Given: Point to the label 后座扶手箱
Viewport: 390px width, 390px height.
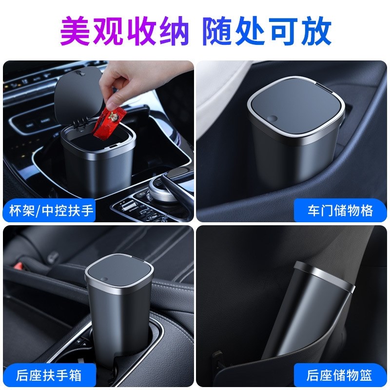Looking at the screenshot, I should pyautogui.click(x=48, y=375).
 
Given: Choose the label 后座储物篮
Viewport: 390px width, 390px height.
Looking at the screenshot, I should pyautogui.click(x=340, y=375).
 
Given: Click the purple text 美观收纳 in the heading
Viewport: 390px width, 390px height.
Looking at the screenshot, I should pyautogui.click(x=124, y=30).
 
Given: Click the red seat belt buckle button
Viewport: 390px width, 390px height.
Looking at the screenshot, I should pyautogui.click(x=20, y=266).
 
